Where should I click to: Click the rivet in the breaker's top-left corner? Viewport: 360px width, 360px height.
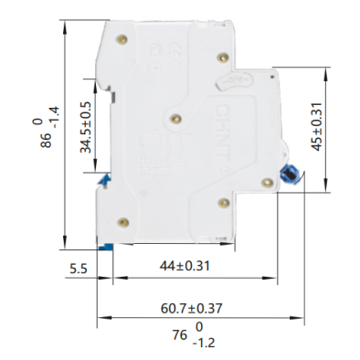122,37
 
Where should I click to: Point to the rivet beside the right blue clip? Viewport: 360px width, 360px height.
266,183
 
